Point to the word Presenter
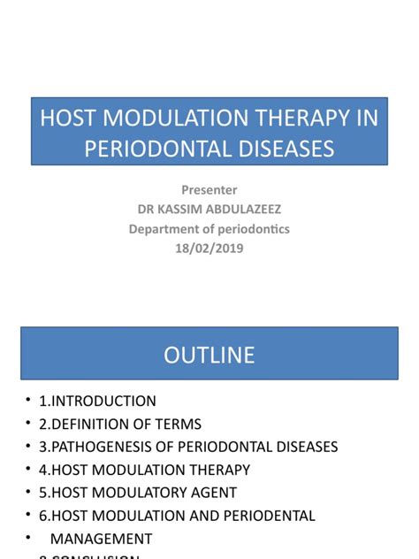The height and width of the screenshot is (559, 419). click(209, 189)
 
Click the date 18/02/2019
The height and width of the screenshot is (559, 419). click(209, 249)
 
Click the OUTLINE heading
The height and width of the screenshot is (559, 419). click(209, 355)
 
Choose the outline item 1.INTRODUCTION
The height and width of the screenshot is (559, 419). click(97, 401)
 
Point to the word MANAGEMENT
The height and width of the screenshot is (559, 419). click(101, 539)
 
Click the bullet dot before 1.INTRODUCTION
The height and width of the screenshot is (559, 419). click(27, 401)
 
